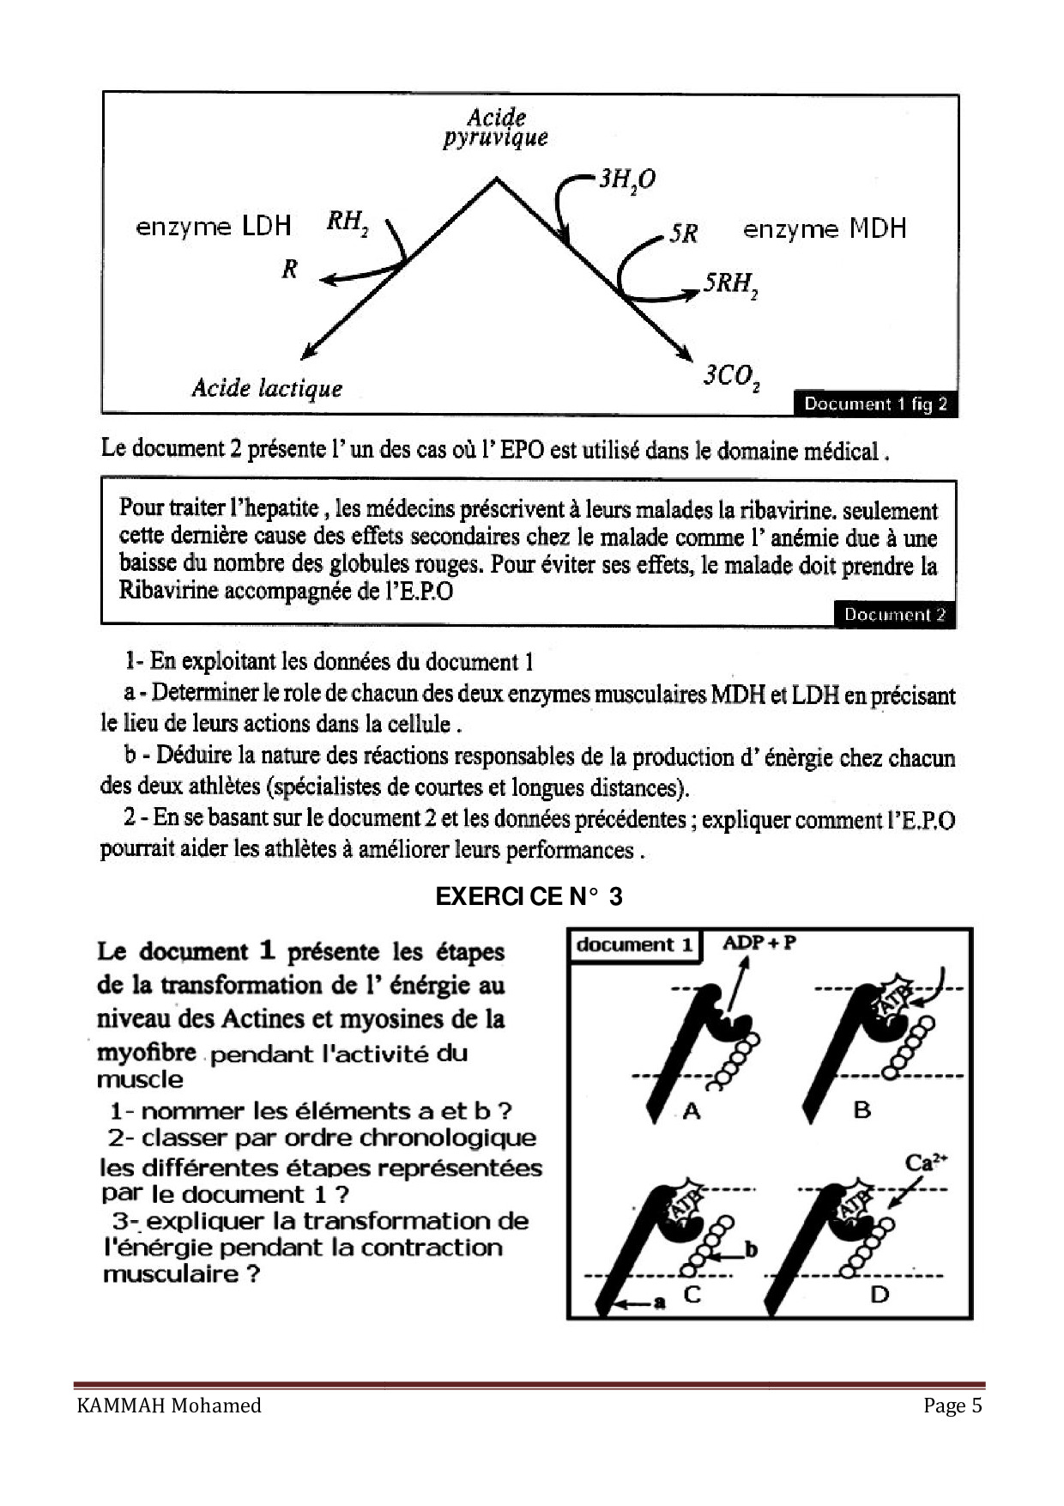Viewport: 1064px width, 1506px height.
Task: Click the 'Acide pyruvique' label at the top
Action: [x=496, y=127]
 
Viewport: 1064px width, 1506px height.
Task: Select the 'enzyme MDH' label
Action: [x=824, y=228]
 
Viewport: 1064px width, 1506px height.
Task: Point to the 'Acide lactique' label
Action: [x=267, y=388]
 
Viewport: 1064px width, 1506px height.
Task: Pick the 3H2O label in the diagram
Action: [x=626, y=179]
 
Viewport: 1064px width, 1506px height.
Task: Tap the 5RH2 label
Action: [x=730, y=284]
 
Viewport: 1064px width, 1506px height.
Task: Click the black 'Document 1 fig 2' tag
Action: [x=875, y=404]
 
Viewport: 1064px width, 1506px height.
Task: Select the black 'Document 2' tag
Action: [x=894, y=615]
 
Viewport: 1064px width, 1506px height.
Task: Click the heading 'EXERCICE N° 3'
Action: [x=529, y=896]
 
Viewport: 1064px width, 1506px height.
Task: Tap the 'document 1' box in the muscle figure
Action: [x=634, y=945]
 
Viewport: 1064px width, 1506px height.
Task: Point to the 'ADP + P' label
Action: [x=759, y=943]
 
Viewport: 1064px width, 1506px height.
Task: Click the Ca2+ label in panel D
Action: [x=926, y=1163]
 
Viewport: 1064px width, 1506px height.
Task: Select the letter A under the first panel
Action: [x=692, y=1111]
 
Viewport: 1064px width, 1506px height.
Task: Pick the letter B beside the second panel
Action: [x=861, y=1109]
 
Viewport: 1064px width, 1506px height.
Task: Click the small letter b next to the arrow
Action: [x=751, y=1249]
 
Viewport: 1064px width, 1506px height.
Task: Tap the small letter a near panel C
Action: [x=659, y=1303]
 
